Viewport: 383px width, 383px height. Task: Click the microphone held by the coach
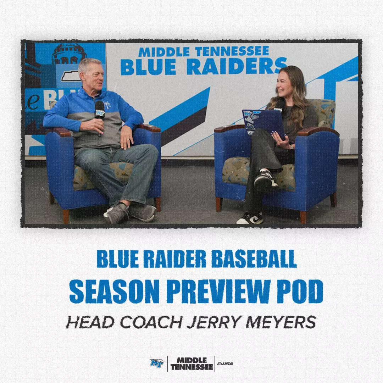99,110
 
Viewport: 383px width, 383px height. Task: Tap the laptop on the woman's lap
263,122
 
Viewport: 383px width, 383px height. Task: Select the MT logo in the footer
157,363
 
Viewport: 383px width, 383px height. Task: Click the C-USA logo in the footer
225,364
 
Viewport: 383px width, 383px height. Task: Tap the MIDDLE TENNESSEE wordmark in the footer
191,363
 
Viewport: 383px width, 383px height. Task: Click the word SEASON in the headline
114,292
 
